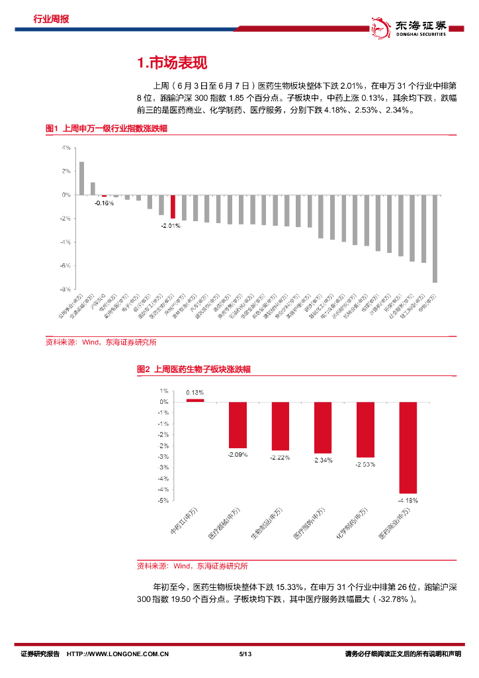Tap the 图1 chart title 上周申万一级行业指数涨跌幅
[x=106, y=128]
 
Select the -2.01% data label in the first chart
[x=170, y=225]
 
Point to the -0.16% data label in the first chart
[x=104, y=203]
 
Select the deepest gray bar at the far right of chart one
[x=435, y=239]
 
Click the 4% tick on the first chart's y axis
[x=66, y=148]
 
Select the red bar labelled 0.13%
[x=195, y=400]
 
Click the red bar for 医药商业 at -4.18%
[x=408, y=447]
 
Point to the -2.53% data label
[x=365, y=464]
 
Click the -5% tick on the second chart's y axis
[x=163, y=501]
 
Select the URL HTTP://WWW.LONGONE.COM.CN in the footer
[x=118, y=654]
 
